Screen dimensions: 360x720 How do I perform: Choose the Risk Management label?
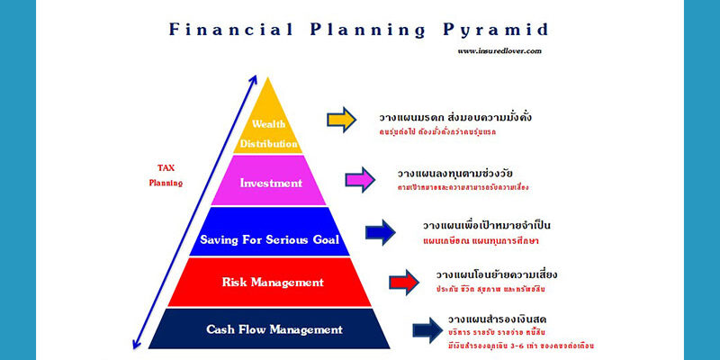272,283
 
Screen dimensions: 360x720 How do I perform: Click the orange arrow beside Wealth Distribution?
341,120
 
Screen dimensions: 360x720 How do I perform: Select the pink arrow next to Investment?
359,178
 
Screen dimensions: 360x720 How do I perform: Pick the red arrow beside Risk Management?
404,282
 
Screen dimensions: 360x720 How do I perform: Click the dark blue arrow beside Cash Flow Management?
427,330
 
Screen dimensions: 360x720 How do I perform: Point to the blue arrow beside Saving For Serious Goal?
380,233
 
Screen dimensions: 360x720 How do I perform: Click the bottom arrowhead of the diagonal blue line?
136,342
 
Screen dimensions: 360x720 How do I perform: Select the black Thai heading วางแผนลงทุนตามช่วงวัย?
454,173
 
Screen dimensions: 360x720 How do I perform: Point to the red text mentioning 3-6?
520,346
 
